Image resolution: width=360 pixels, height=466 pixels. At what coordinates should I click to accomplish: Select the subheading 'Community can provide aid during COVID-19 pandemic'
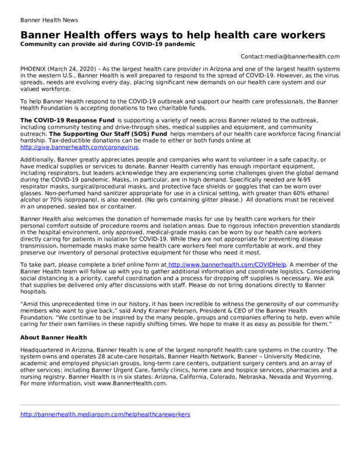[108, 44]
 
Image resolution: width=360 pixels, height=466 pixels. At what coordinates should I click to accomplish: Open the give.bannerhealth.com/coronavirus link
[80, 147]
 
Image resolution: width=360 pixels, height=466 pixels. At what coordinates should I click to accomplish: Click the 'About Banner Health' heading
[54, 337]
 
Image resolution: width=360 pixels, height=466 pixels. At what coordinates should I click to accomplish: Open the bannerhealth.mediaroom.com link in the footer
[105, 414]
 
